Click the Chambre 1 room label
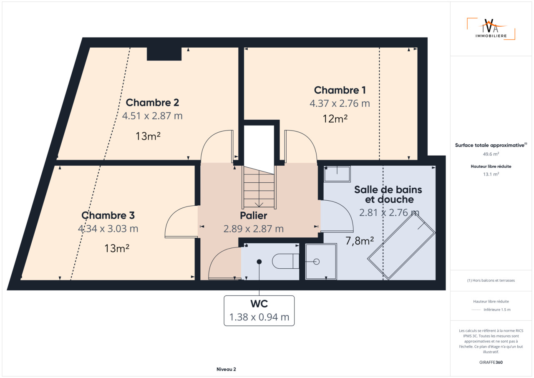coord(340,90)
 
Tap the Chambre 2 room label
coord(152,103)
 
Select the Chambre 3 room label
coord(108,215)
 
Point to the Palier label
coord(253,215)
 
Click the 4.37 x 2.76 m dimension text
coord(340,103)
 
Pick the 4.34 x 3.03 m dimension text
coord(108,229)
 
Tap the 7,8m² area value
coord(360,241)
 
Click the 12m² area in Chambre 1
coord(335,118)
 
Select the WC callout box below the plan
coord(259,310)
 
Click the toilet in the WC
coord(286,262)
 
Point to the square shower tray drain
coord(316,262)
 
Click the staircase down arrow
coord(259,204)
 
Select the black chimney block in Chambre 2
coord(164,54)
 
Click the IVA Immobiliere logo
coord(491,29)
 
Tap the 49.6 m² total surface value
coord(491,154)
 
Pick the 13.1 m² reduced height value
coord(491,174)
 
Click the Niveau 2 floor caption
coord(226,369)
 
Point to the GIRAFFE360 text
coord(491,362)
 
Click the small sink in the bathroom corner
coord(337,174)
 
